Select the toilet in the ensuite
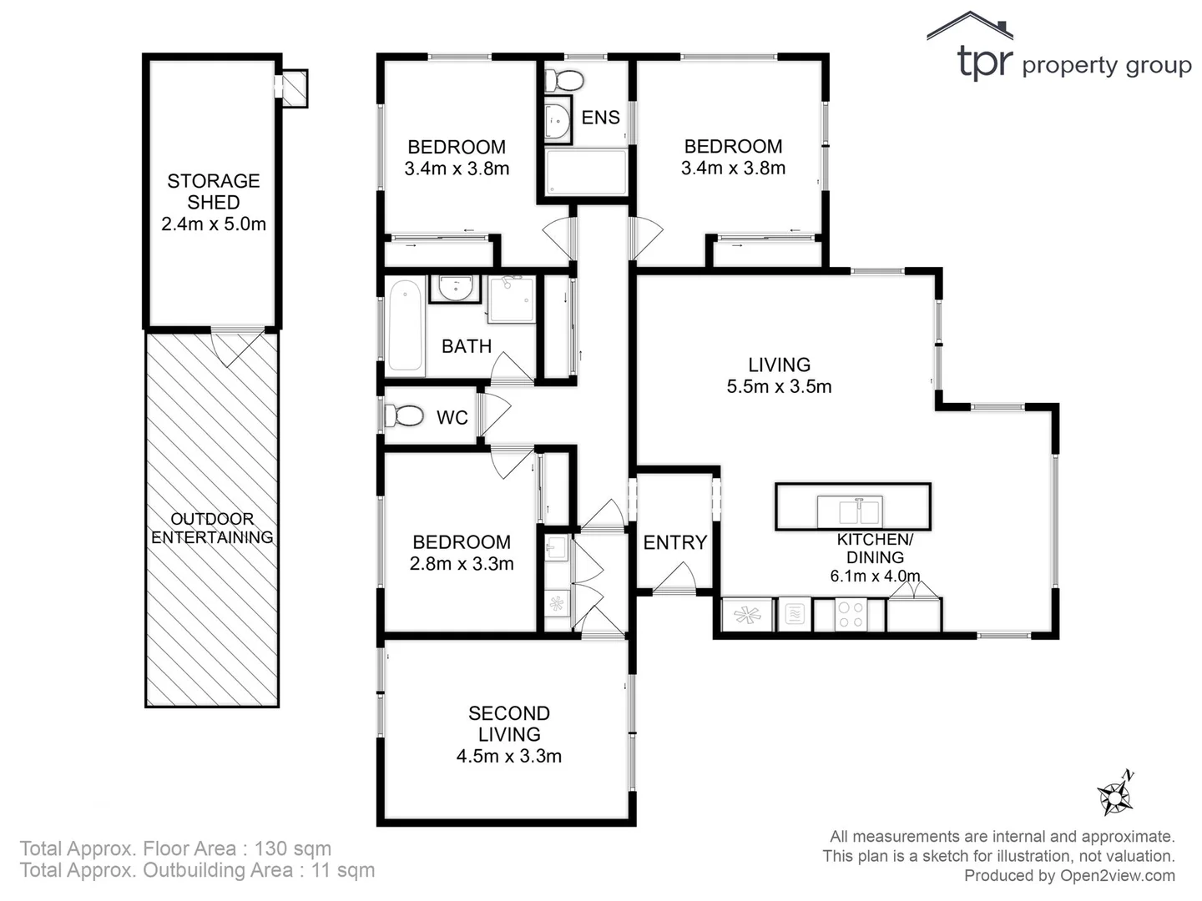click(x=565, y=81)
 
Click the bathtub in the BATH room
click(x=406, y=325)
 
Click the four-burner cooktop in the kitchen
click(x=850, y=616)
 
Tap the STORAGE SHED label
click(x=213, y=192)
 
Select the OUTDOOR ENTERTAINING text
click(x=212, y=528)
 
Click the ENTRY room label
click(x=674, y=542)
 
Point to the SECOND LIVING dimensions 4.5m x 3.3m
click(x=508, y=757)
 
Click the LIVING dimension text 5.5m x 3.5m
click(x=779, y=386)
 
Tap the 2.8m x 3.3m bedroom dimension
click(x=462, y=564)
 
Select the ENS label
click(x=600, y=118)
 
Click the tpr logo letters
click(x=984, y=63)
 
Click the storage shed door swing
click(x=238, y=346)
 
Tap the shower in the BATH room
click(x=511, y=299)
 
